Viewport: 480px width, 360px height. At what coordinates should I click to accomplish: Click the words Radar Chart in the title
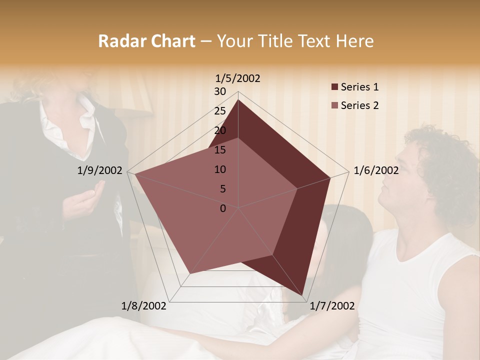[x=146, y=41]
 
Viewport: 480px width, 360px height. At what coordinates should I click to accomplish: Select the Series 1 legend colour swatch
[x=334, y=87]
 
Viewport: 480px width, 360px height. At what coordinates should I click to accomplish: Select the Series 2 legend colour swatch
[x=334, y=105]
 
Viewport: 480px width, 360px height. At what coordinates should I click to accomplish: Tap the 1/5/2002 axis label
[x=238, y=78]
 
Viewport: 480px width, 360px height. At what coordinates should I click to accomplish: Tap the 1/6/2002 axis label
[x=376, y=170]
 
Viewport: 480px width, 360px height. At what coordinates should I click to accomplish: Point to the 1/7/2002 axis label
[x=332, y=306]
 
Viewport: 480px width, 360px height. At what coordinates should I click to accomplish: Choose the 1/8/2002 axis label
[x=144, y=306]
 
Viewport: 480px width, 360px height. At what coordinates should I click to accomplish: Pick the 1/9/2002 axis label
[x=100, y=170]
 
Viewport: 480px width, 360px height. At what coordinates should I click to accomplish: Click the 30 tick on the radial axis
[x=220, y=91]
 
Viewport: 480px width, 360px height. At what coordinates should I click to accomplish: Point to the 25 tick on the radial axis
[x=220, y=111]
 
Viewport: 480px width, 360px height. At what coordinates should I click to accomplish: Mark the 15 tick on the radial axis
[x=220, y=150]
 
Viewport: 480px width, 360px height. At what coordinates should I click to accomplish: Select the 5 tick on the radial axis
[x=222, y=189]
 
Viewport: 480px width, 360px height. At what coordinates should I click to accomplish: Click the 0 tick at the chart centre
[x=223, y=208]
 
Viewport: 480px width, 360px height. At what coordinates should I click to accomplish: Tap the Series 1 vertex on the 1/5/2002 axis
[x=238, y=99]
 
